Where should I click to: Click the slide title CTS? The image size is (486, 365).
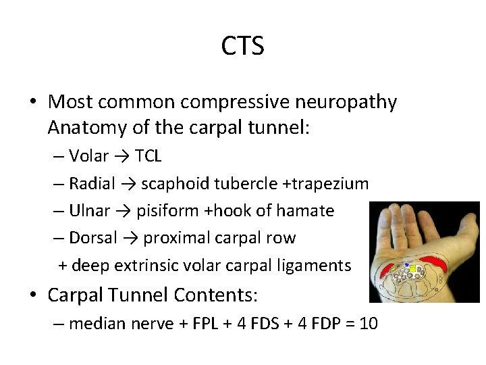click(x=242, y=46)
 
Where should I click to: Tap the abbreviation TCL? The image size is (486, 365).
click(x=148, y=156)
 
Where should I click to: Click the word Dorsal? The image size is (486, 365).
click(x=93, y=238)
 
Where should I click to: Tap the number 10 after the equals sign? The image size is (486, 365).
click(x=369, y=324)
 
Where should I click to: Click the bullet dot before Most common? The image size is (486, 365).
click(x=33, y=102)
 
